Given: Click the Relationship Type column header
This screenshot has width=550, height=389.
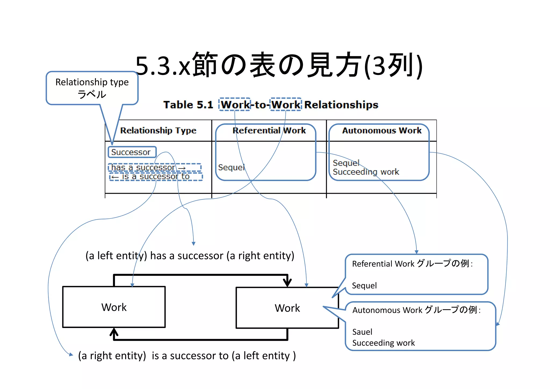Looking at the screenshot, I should click(x=158, y=131).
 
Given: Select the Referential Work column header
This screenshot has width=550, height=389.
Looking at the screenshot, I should click(x=269, y=131).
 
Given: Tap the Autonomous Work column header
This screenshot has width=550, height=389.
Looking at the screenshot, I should click(x=382, y=131).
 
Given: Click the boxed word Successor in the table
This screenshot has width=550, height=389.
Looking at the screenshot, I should click(x=131, y=152).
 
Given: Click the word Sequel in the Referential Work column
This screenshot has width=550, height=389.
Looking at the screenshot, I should click(x=231, y=167).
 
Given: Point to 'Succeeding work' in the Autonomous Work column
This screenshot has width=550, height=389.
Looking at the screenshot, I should click(x=366, y=172).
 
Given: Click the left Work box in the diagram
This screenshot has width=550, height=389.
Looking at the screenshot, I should click(x=114, y=307).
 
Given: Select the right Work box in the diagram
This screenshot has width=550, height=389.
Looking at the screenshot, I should click(x=287, y=308).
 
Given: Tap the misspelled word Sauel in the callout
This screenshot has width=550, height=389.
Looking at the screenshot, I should click(x=362, y=332).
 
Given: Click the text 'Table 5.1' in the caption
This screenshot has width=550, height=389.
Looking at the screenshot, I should click(x=188, y=105).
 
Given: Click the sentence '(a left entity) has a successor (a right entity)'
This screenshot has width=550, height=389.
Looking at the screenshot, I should click(x=190, y=256).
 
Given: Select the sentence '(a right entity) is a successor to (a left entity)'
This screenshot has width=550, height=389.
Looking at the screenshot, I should click(x=187, y=356).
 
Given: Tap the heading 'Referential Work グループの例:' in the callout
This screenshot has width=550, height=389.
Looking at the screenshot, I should click(x=412, y=264).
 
